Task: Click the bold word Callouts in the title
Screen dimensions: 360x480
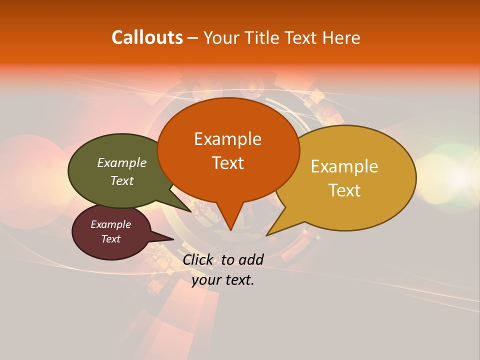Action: coord(147,37)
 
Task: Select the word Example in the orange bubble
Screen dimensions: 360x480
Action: coord(227,139)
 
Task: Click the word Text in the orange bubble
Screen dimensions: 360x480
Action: coord(227,162)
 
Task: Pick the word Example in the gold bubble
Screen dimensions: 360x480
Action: coord(344,166)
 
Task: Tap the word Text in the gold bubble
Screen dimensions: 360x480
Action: coord(344,190)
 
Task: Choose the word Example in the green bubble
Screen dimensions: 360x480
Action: coord(122,162)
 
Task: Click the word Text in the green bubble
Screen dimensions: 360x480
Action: coord(122,180)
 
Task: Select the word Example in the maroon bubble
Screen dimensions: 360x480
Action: coord(110,224)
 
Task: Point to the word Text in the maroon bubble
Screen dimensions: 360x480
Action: coord(110,239)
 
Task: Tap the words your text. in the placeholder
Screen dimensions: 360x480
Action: coord(222,280)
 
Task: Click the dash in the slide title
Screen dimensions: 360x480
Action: coord(193,37)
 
